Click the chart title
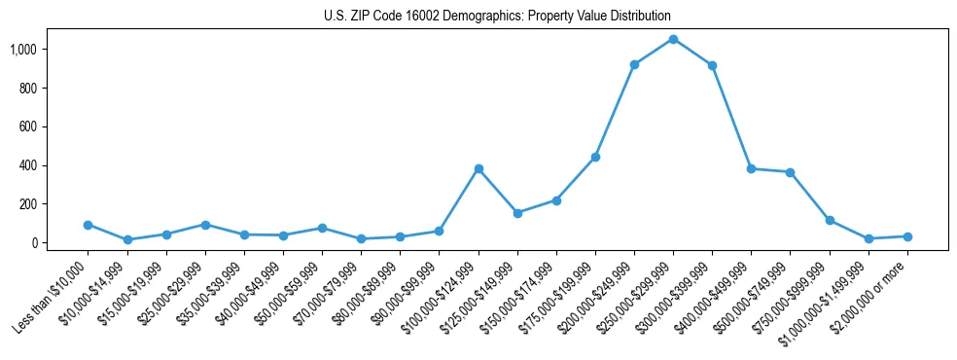click(x=497, y=17)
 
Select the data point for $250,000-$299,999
click(x=673, y=39)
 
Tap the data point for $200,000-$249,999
click(x=634, y=64)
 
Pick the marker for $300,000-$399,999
click(x=712, y=65)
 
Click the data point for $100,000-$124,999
click(x=478, y=168)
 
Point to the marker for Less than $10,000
click(x=89, y=225)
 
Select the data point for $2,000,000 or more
click(x=907, y=236)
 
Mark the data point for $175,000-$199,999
click(x=595, y=157)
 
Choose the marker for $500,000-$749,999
click(x=791, y=172)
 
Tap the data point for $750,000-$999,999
click(x=830, y=220)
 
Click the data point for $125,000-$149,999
click(x=517, y=213)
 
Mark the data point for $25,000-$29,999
click(x=205, y=225)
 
